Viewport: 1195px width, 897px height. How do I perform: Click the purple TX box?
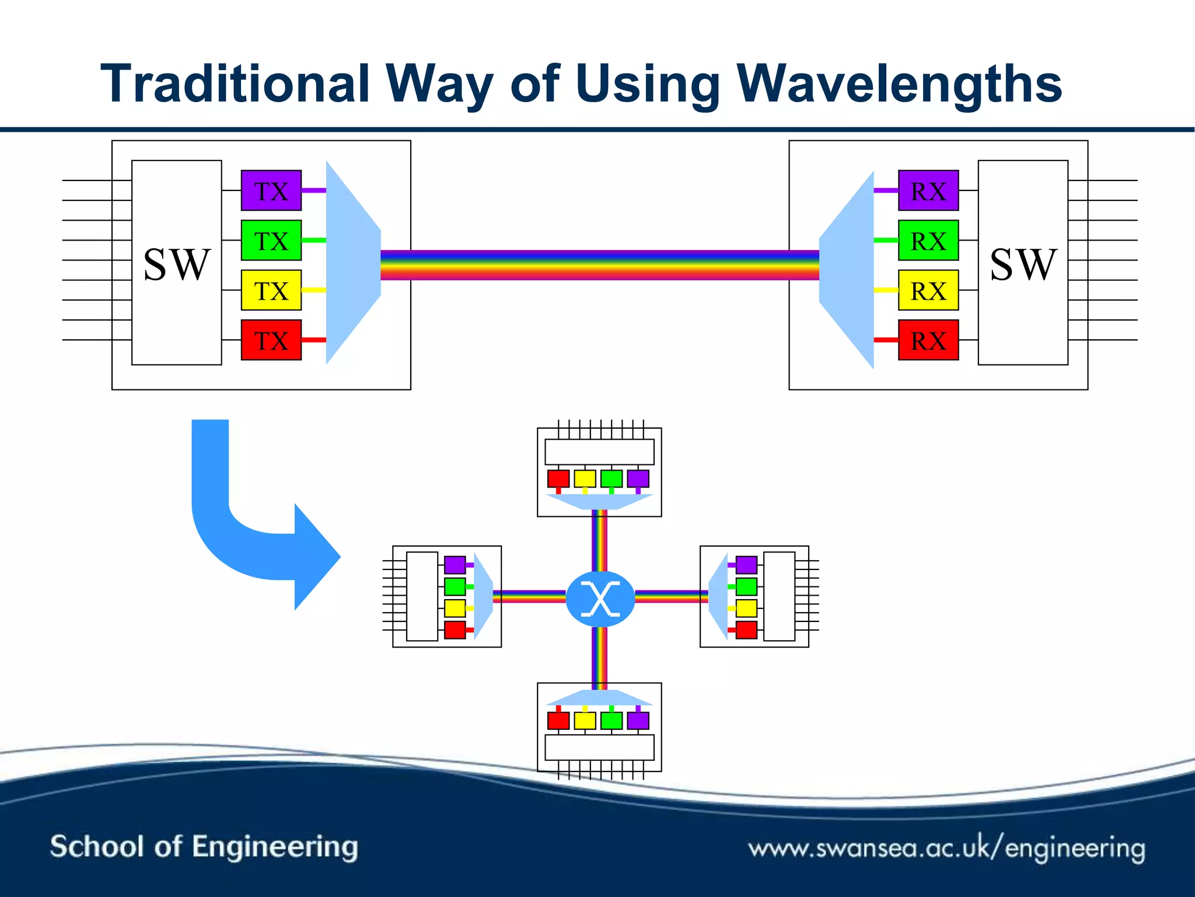pyautogui.click(x=271, y=190)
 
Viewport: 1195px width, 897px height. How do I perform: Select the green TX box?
pyautogui.click(x=271, y=240)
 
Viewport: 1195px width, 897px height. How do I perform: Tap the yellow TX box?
pyautogui.click(x=271, y=290)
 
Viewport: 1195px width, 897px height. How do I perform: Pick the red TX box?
pyautogui.click(x=271, y=340)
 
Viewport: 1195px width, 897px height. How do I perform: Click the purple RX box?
pyautogui.click(x=928, y=190)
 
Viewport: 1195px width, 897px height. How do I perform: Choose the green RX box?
pyautogui.click(x=928, y=240)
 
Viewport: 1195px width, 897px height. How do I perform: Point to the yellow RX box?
pyautogui.click(x=928, y=290)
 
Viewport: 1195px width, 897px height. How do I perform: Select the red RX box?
pyautogui.click(x=928, y=340)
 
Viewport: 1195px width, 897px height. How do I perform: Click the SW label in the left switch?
pyautogui.click(x=176, y=265)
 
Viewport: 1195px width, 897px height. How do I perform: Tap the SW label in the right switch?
pyautogui.click(x=1023, y=265)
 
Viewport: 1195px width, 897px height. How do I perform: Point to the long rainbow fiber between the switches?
pyautogui.click(x=600, y=265)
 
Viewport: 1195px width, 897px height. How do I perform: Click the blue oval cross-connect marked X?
pyautogui.click(x=600, y=599)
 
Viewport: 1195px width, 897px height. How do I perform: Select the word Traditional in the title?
pyautogui.click(x=235, y=84)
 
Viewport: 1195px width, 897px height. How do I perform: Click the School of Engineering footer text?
pyautogui.click(x=204, y=847)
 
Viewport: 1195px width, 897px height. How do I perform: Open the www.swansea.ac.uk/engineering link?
pyautogui.click(x=946, y=848)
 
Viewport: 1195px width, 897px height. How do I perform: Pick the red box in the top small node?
pyautogui.click(x=558, y=479)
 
